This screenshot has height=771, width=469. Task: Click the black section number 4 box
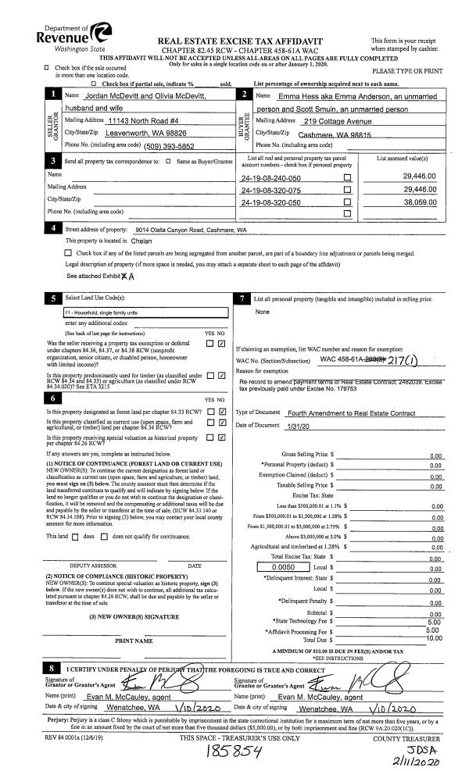(x=52, y=229)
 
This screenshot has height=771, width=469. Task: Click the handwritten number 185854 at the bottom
(x=235, y=751)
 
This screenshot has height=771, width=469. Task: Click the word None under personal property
(x=262, y=312)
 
